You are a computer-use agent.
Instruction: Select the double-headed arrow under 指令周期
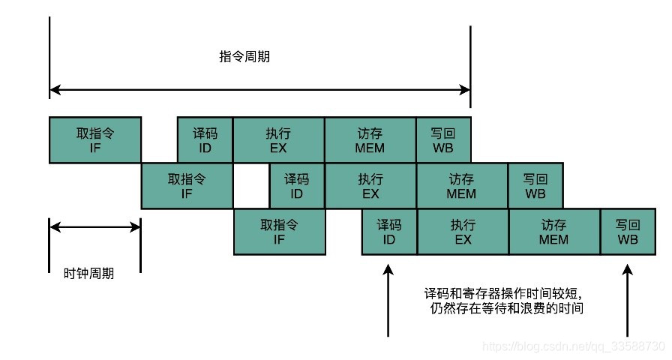tap(259, 89)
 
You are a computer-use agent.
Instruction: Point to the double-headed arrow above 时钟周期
tap(94, 228)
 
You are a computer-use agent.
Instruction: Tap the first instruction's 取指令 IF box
tap(94, 140)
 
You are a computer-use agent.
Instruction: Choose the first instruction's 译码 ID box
tap(205, 140)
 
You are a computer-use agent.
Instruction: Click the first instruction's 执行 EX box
tap(278, 140)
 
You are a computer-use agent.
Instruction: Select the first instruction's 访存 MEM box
tap(370, 140)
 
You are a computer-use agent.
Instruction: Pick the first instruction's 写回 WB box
tap(443, 140)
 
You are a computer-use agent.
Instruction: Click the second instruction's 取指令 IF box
tap(187, 186)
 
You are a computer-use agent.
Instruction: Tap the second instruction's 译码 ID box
tap(297, 186)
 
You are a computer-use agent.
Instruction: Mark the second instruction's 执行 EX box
tap(370, 186)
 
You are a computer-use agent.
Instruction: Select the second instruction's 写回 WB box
tap(535, 186)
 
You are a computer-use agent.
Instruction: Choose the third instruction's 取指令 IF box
tap(279, 232)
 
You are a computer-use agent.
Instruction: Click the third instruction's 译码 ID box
tap(389, 232)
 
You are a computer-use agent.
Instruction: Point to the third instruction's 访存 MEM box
tap(554, 232)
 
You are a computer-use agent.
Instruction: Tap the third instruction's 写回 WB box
tap(628, 232)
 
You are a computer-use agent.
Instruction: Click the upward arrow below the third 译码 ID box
tap(388, 300)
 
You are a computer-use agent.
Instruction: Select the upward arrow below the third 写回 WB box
tap(628, 300)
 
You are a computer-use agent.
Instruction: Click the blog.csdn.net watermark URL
tap(574, 347)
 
